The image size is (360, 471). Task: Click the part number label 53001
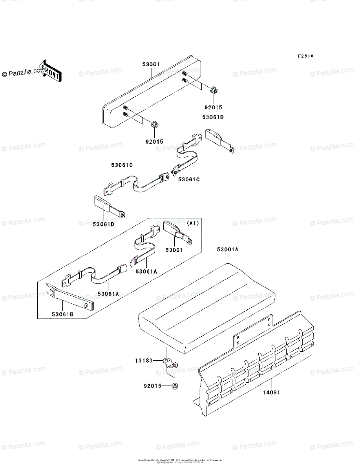pyautogui.click(x=151, y=64)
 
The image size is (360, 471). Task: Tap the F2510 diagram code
pyautogui.click(x=305, y=56)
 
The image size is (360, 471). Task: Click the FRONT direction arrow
pyautogui.click(x=50, y=70)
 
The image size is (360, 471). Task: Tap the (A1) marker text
pyautogui.click(x=193, y=223)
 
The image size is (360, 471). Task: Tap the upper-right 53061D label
pyautogui.click(x=214, y=117)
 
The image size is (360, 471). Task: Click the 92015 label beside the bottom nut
pyautogui.click(x=152, y=385)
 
